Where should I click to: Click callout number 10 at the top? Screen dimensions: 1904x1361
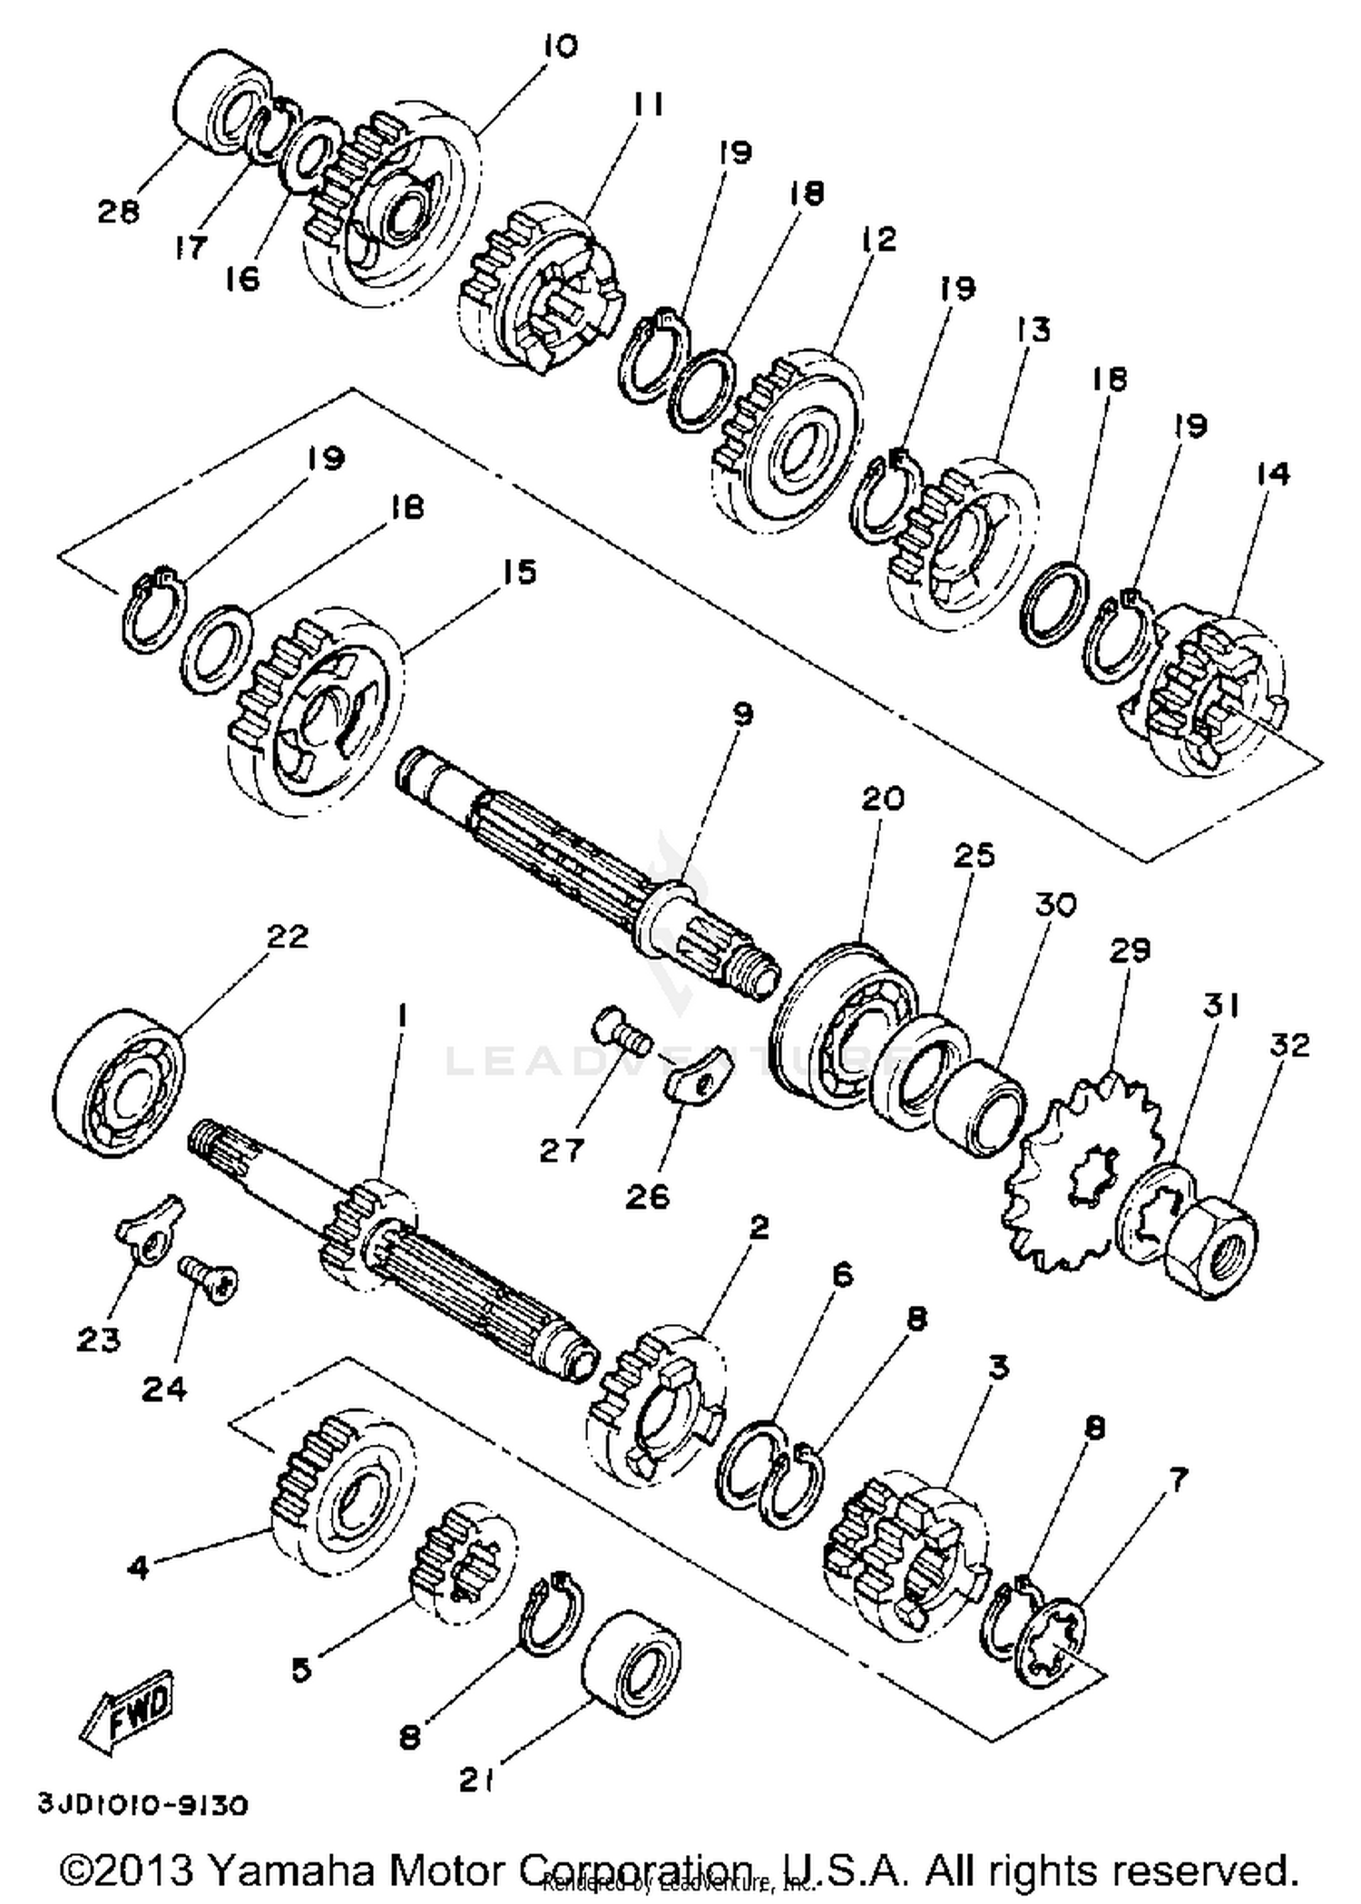(559, 45)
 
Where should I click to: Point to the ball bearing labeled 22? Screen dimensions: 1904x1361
(118, 1082)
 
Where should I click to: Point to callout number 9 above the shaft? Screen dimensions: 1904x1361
(742, 714)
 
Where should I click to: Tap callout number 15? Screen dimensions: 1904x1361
(519, 572)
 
